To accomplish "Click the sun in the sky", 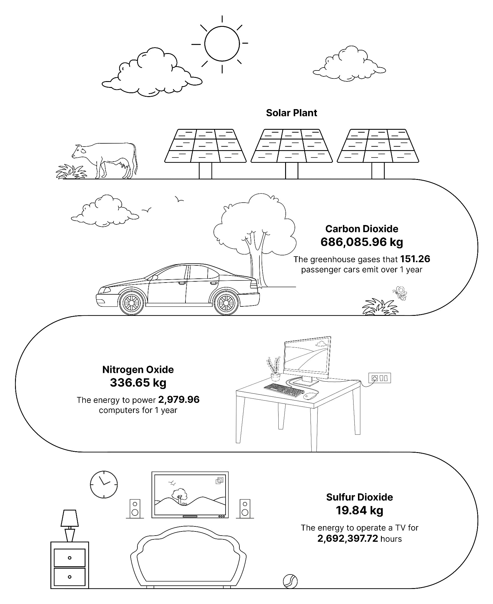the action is pos(222,44).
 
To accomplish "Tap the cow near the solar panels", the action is pos(105,161).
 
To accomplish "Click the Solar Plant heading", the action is pos(291,113).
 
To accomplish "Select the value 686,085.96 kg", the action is pos(361,242).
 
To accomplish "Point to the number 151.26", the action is pos(415,259).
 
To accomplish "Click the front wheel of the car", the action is pos(131,303).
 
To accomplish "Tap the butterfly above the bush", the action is pos(400,293).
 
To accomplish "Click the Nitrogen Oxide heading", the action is pos(138,370).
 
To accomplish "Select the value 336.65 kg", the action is pos(138,383).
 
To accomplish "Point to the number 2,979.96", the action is pos(179,400).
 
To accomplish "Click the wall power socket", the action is pos(380,378).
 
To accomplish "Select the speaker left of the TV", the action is pos(135,509).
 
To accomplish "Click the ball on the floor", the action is pos(290,581).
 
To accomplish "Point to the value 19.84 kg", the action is pos(359,511).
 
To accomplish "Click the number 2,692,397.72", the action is pos(348,539).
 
